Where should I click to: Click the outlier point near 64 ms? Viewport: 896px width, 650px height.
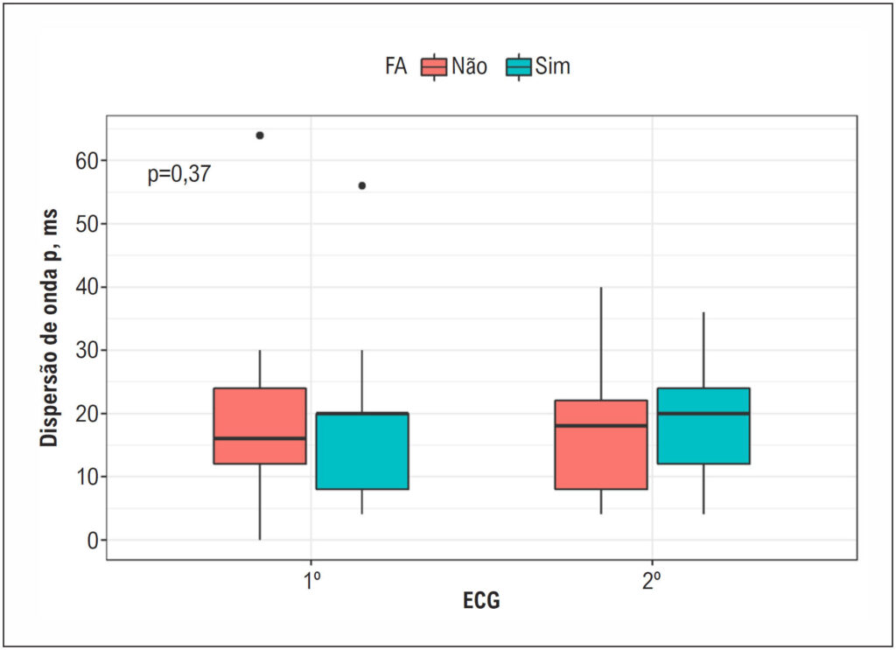coord(260,136)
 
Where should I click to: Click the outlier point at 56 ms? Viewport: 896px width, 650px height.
coord(361,185)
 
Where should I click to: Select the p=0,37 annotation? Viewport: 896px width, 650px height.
coord(179,173)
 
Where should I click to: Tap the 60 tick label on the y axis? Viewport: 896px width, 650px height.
coord(87,161)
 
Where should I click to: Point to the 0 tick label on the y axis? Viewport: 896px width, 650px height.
coord(93,541)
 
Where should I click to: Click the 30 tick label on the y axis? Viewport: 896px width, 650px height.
coord(87,351)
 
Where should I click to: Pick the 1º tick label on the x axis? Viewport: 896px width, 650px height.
coord(311,581)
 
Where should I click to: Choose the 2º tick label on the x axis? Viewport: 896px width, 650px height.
coord(651,581)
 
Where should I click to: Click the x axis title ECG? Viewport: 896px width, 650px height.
coord(481,600)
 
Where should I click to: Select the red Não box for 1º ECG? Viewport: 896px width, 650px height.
coord(260,425)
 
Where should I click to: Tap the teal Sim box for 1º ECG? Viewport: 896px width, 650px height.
coord(362,451)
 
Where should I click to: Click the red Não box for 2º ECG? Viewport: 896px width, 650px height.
coord(601,444)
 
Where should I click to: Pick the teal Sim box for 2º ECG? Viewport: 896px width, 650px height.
coord(703,425)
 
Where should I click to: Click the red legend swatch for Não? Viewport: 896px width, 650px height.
coord(434,66)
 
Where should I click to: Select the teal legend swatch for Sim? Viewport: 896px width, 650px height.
coord(518,66)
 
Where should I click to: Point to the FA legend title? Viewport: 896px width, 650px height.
coord(396,66)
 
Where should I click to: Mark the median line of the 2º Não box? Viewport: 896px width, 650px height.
coord(601,425)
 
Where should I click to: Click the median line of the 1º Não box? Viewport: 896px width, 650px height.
coord(260,438)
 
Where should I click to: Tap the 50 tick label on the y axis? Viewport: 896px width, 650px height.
coord(87,224)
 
